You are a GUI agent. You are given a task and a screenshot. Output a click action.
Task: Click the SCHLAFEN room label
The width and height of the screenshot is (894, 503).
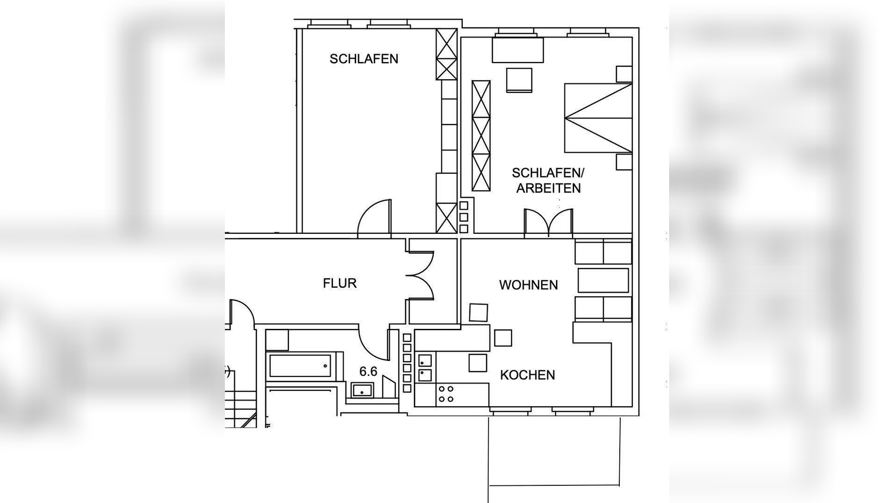coord(364,59)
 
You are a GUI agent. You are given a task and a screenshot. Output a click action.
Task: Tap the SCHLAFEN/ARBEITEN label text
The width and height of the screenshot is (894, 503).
coord(548,180)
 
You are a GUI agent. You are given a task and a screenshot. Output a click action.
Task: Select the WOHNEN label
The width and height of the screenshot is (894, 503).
coord(528,285)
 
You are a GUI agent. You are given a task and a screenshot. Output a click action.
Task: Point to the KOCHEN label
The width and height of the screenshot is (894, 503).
coord(527,375)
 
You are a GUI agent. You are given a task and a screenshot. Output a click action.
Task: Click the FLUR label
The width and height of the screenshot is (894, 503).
coord(339,283)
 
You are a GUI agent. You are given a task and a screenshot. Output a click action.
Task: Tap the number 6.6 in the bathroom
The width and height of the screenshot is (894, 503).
coord(368,371)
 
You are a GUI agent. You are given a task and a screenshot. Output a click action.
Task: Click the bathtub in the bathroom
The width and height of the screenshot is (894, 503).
coord(300,366)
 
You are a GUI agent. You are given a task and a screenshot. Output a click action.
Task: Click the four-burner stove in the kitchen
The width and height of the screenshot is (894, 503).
coord(446,394)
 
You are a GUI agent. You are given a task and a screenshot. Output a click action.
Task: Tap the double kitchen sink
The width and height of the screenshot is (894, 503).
coord(425,367)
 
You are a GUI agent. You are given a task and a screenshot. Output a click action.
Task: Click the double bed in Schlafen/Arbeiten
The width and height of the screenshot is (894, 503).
coord(598,118)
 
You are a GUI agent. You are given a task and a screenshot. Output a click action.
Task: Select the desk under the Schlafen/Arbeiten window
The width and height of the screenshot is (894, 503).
coord(518,50)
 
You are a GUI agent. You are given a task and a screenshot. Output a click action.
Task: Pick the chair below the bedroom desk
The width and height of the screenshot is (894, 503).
coord(519,80)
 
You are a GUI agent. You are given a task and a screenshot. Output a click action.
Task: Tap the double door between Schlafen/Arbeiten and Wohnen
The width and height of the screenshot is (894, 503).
coord(549,223)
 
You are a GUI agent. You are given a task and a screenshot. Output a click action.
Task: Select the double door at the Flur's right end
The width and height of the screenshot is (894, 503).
coord(420,275)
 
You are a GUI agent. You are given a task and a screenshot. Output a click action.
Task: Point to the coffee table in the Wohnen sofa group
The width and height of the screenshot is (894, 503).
coord(603,280)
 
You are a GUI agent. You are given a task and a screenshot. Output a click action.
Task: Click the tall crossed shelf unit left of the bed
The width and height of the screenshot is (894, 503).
coord(481,136)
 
